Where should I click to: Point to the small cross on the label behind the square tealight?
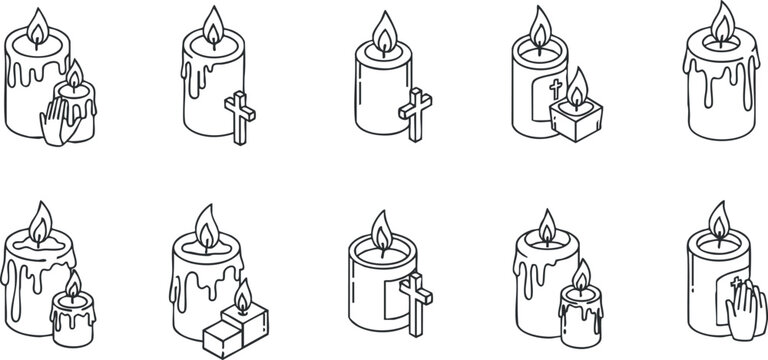[556, 89]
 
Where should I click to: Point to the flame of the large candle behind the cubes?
[205, 226]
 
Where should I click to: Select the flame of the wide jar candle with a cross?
[380, 231]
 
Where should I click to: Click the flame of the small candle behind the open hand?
[75, 74]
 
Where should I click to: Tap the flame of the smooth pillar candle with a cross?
[384, 31]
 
